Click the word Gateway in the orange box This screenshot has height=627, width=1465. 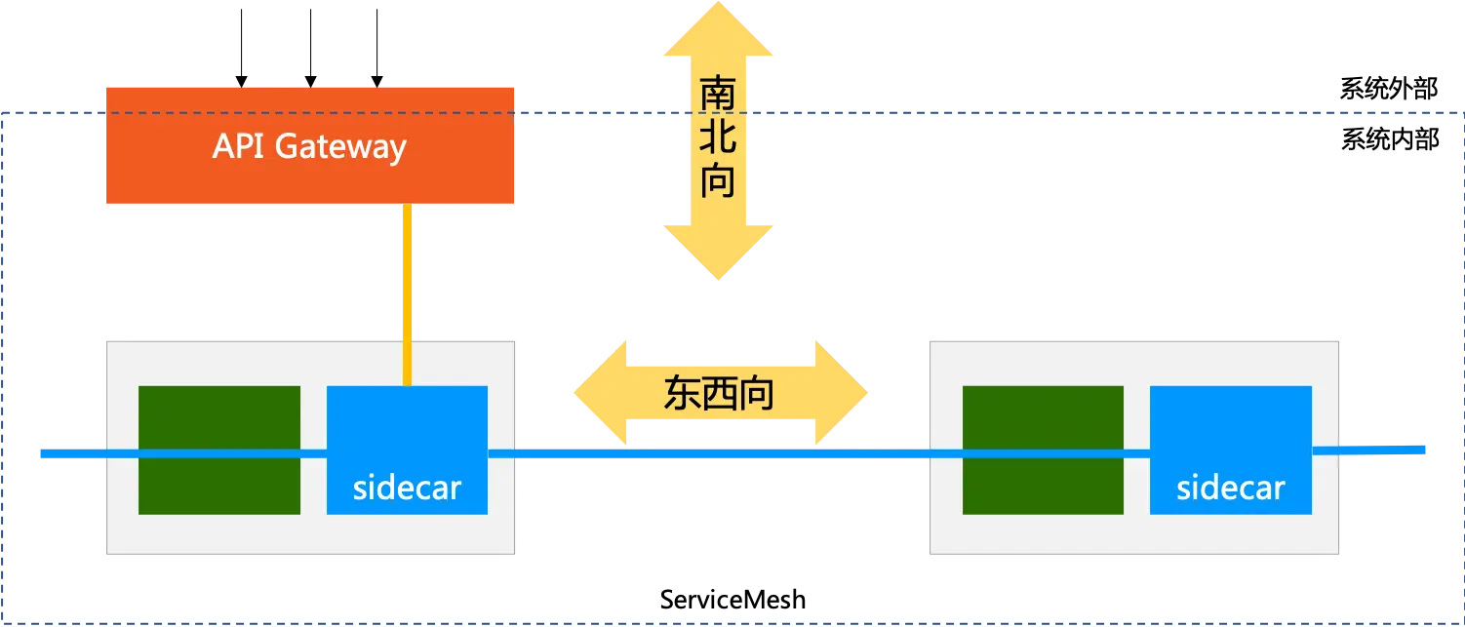(x=340, y=147)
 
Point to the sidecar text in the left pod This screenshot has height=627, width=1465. (x=407, y=487)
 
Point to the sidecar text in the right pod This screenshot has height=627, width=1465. (x=1230, y=487)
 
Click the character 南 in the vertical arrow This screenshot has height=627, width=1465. (x=719, y=96)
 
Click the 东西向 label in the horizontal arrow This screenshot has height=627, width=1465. (x=719, y=393)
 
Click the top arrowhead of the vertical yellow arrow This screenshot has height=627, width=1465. (x=720, y=34)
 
